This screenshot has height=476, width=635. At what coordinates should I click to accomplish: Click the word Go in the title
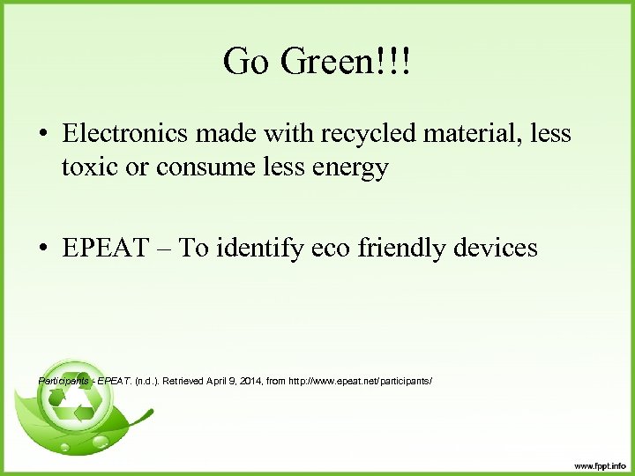[x=244, y=63]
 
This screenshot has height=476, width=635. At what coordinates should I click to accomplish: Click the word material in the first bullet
[x=474, y=134]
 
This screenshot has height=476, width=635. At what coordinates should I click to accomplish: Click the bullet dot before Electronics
[x=42, y=136]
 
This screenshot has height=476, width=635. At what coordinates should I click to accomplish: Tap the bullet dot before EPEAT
[x=42, y=249]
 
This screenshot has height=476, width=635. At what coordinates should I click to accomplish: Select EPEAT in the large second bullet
[x=99, y=248]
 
